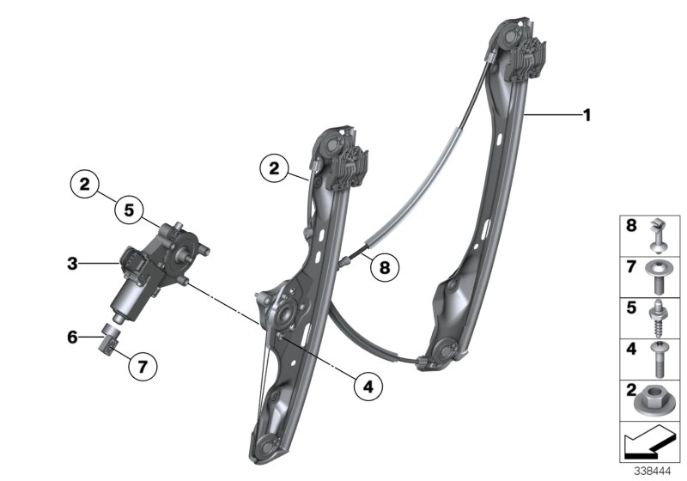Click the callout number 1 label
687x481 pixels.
[x=587, y=114]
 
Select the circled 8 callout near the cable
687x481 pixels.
[x=384, y=267]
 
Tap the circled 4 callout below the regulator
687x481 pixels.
[x=368, y=387]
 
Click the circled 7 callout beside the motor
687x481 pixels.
[x=143, y=367]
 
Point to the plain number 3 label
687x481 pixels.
[x=73, y=264]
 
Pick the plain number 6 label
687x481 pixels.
[x=73, y=338]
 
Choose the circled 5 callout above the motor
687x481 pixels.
[x=128, y=208]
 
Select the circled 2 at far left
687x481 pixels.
[x=84, y=183]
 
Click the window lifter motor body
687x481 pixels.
[x=146, y=271]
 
